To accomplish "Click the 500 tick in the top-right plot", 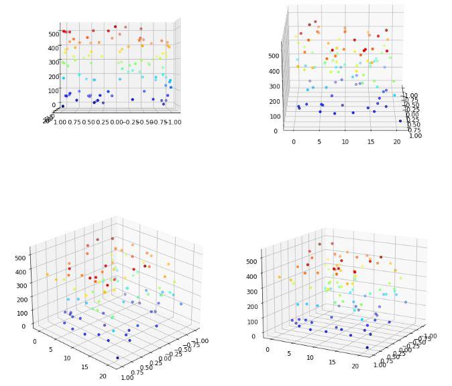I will point(274,56).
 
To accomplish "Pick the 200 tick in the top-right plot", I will point(274,101).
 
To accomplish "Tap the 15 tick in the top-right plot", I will point(371,142).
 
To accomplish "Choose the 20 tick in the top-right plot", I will point(397,142).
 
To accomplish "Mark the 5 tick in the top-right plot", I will point(319,142).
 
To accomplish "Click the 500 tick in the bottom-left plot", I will point(19,257).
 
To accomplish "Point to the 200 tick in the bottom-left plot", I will point(19,299).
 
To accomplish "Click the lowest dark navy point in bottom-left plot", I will point(117,358).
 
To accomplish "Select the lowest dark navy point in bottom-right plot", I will point(367,347).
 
